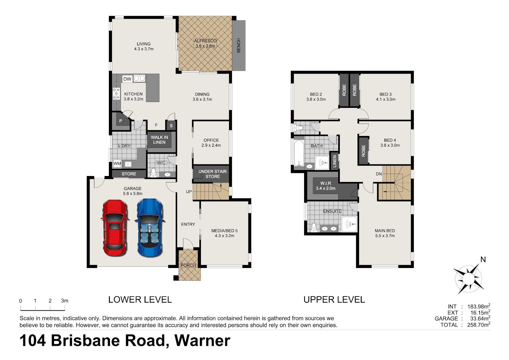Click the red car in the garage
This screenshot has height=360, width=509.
click(x=115, y=228)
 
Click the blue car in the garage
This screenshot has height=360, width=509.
click(x=150, y=228)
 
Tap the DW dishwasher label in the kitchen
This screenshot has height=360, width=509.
click(x=127, y=79)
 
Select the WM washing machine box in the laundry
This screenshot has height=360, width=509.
click(x=117, y=164)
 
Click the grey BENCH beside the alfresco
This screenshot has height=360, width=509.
click(x=239, y=46)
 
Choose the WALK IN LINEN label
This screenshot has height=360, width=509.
click(x=159, y=140)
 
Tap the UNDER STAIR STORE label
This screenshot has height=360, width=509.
click(x=213, y=174)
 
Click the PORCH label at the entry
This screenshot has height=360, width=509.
click(x=188, y=265)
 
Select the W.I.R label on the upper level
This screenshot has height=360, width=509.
click(x=325, y=186)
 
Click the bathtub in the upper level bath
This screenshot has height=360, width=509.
click(x=299, y=153)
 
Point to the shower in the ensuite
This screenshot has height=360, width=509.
click(x=349, y=224)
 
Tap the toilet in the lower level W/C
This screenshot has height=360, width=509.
click(x=154, y=173)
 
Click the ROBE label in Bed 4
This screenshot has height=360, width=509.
click(x=363, y=151)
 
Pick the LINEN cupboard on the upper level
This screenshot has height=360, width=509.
click(x=334, y=161)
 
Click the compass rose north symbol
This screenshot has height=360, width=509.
click(x=468, y=278)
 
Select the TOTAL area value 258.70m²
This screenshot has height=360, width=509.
click(x=478, y=325)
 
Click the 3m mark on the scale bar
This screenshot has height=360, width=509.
click(x=64, y=301)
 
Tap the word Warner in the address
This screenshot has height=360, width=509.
click(x=202, y=341)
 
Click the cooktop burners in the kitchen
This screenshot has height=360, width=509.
click(x=116, y=94)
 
